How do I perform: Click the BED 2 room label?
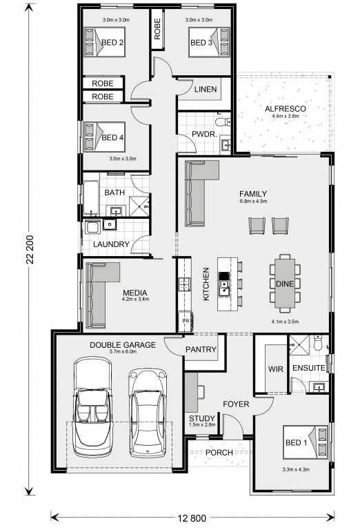[112, 43]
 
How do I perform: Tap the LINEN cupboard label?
[206, 89]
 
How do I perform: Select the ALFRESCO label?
[286, 109]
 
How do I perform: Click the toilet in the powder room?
[223, 121]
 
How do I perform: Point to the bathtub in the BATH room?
[91, 198]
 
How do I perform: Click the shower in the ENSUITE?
[299, 345]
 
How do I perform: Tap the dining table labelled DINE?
[285, 283]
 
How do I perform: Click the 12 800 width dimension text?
[192, 518]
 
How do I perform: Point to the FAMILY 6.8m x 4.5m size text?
[253, 202]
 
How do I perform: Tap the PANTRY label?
[201, 349]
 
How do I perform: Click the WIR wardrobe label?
[276, 369]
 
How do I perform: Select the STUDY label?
[202, 418]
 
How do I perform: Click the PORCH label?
[219, 452]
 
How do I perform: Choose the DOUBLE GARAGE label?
[123, 345]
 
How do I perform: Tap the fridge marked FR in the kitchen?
[186, 321]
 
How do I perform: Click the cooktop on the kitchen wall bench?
[185, 284]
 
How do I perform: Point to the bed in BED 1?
[306, 442]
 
